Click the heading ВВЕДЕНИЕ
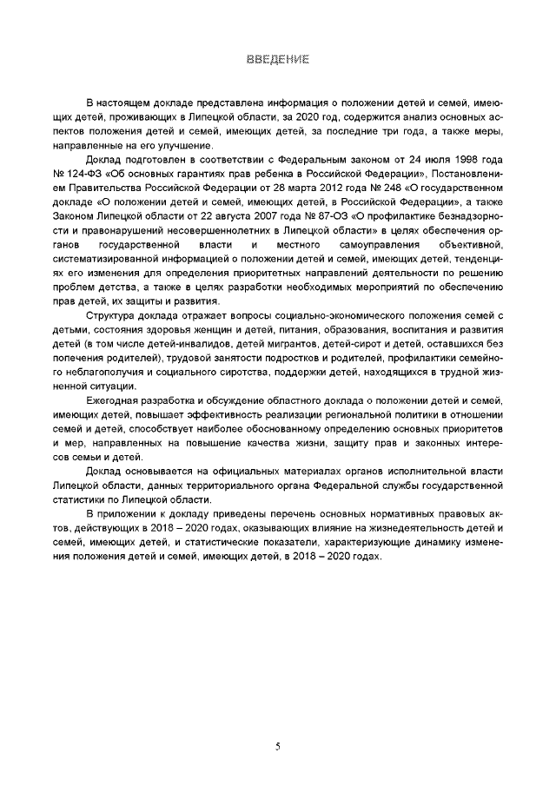tap(278, 59)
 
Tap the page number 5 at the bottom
tap(277, 746)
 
